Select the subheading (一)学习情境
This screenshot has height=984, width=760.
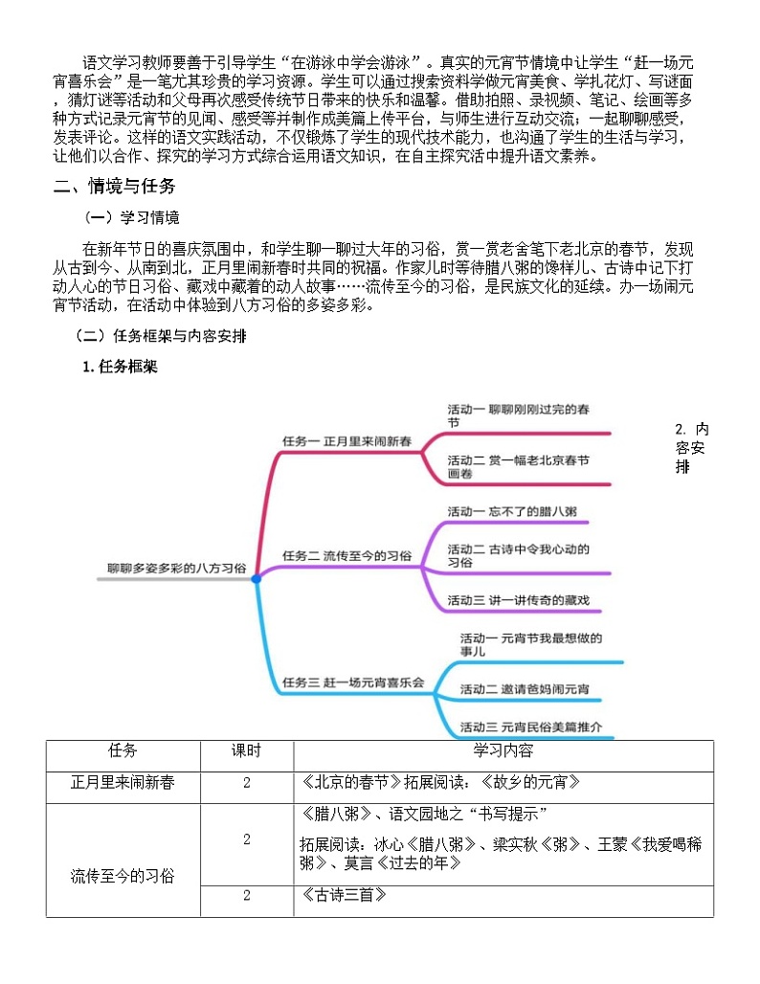[x=132, y=217]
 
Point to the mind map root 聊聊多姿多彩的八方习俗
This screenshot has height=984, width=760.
[x=177, y=568]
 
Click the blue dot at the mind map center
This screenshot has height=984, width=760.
[x=256, y=579]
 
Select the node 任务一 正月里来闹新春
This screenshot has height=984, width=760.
[x=346, y=441]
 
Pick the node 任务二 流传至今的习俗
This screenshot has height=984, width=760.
[x=346, y=555]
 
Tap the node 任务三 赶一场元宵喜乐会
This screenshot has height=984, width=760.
[x=353, y=682]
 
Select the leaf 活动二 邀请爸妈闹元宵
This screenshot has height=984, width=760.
[x=525, y=689]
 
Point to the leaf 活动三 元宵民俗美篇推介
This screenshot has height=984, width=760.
[x=530, y=727]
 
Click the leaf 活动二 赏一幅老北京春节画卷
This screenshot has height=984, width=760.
[x=518, y=466]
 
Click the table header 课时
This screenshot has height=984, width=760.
[x=246, y=750]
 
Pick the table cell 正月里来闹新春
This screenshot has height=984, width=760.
[x=123, y=782]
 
